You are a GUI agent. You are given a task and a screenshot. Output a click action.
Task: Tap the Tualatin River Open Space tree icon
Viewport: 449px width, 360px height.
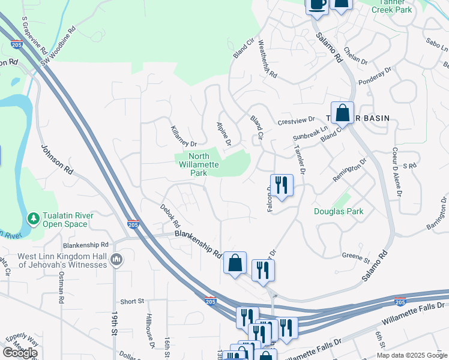[x=34, y=217]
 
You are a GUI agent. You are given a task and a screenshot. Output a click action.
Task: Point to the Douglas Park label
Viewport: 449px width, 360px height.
[x=338, y=211]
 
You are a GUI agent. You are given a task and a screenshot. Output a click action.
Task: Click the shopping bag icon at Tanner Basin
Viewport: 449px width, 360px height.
[x=342, y=112]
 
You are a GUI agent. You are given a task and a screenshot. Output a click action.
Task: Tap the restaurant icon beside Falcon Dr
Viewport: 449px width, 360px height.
[x=281, y=185]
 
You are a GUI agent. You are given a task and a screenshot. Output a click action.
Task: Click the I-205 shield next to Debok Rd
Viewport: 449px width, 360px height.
[x=134, y=224]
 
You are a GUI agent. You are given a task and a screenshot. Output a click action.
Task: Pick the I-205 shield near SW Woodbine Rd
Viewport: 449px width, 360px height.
[x=17, y=44]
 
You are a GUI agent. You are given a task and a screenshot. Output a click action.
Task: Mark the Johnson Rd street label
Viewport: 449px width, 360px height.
[x=56, y=160]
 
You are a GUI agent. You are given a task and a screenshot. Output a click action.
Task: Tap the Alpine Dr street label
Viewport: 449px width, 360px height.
[x=224, y=133]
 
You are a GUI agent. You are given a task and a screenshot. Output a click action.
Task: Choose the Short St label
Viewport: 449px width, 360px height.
[x=132, y=301]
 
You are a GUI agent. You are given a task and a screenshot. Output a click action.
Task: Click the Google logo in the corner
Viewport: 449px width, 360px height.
[x=20, y=353]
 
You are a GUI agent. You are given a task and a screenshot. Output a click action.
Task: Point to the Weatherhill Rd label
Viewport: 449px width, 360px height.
[x=267, y=59]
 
